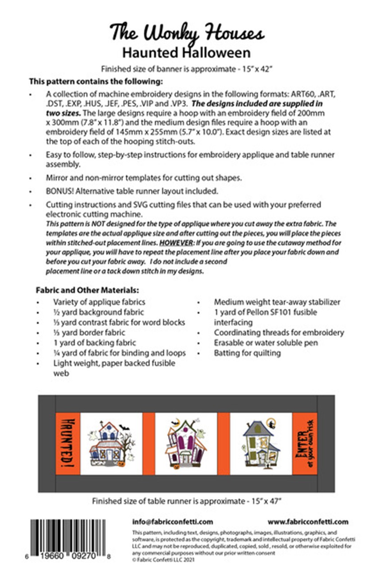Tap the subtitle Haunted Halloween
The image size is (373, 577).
[186, 52]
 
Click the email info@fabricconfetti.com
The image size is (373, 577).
[173, 522]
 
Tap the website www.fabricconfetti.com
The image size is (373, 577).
[308, 522]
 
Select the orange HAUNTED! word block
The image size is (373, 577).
[67, 443]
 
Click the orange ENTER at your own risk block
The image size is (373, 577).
[304, 443]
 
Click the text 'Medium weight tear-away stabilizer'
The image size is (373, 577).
[277, 302]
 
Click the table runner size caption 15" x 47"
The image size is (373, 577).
[186, 501]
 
